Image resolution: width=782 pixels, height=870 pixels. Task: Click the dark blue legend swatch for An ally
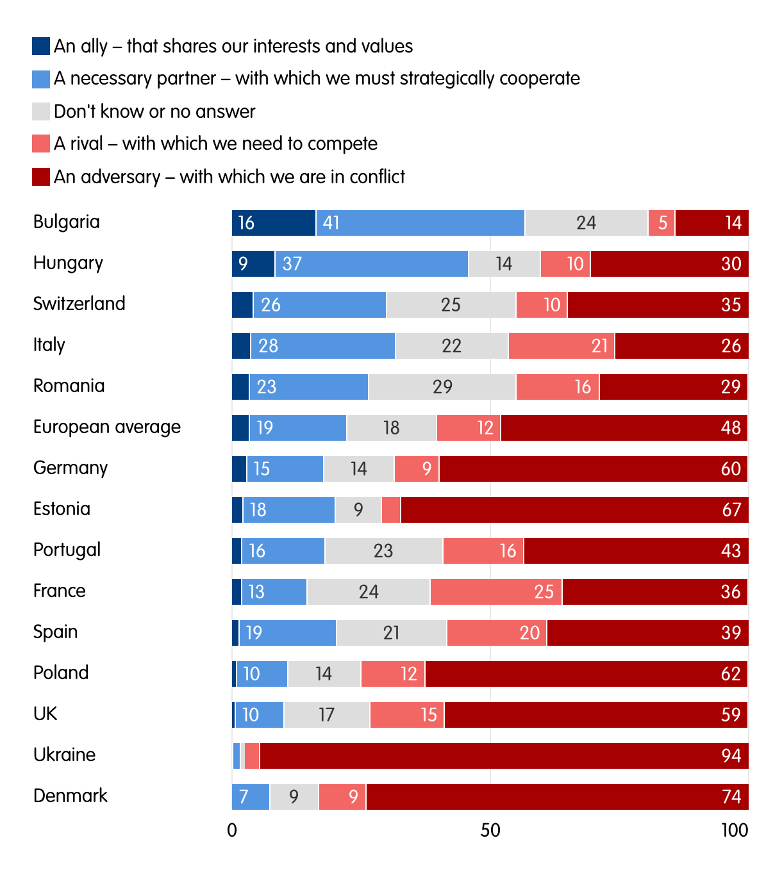[x=41, y=46]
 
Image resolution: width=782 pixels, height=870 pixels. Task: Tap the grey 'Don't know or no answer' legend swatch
[x=41, y=111]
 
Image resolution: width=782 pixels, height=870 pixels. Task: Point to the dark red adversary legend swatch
[x=41, y=177]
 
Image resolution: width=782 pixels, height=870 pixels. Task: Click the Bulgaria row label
[x=67, y=222]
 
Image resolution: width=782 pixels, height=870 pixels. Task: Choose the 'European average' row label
[x=107, y=427]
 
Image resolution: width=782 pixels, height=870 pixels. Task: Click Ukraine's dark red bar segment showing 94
[x=504, y=756]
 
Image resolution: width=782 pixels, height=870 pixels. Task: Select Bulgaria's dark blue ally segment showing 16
[x=274, y=223]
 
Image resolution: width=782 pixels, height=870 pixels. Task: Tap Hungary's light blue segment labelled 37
[x=372, y=264]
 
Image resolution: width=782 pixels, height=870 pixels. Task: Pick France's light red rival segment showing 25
[x=496, y=592]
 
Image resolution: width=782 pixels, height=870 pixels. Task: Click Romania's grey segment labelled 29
[x=442, y=387]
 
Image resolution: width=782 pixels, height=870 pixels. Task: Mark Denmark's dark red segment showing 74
[x=557, y=797]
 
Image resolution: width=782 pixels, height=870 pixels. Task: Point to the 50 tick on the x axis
[x=490, y=831]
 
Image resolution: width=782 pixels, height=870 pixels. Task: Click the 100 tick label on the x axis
[x=735, y=831]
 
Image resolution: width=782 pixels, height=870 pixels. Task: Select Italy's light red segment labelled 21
[x=562, y=346]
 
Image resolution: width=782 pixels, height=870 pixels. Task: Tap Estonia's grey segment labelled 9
[x=358, y=510]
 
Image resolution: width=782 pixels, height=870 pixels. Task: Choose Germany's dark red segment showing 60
[x=594, y=469]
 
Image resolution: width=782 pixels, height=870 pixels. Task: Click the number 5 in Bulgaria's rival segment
[x=663, y=223]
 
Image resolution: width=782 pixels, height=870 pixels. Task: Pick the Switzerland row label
[x=79, y=304]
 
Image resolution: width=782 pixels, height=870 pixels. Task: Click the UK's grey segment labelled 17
[x=327, y=715]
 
